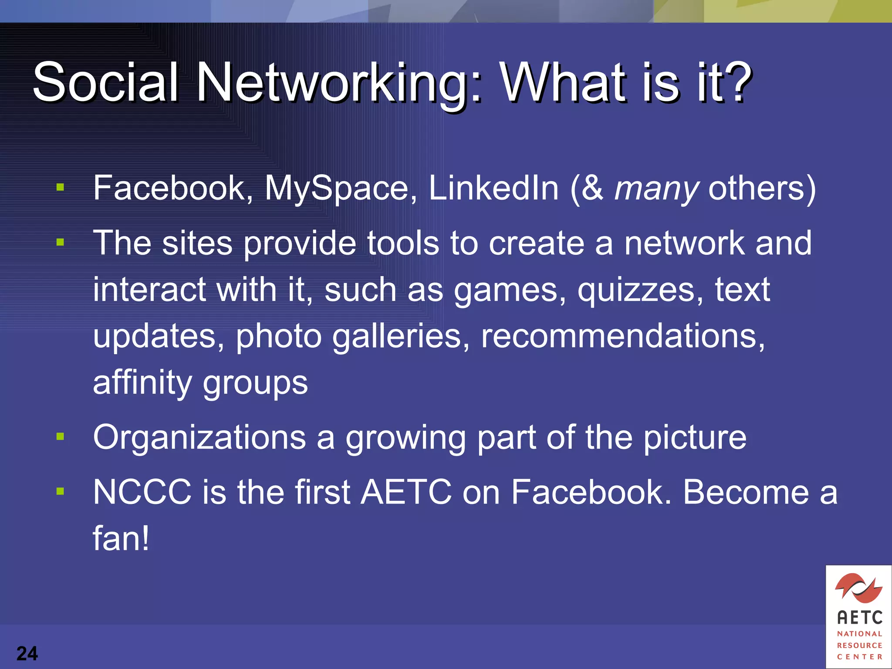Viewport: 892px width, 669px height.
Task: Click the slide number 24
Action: click(x=27, y=653)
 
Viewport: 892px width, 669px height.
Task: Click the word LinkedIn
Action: click(x=493, y=188)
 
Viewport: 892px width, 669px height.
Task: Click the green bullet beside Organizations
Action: click(x=60, y=436)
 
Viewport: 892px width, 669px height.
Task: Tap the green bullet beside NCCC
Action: click(x=60, y=491)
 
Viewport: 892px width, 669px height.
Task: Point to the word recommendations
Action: click(x=622, y=336)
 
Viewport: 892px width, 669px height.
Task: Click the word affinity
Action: click(x=142, y=383)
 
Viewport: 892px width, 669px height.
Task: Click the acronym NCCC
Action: click(x=142, y=492)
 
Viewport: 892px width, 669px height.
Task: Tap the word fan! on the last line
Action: click(x=121, y=538)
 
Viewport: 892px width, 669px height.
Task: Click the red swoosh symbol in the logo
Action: click(x=858, y=587)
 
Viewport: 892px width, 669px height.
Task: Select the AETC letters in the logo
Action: click(x=859, y=618)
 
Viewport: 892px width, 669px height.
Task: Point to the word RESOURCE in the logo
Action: click(x=859, y=645)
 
